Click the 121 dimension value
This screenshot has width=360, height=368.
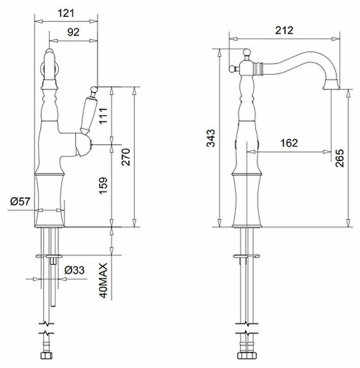coord(66,13)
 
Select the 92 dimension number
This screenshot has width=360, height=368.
coord(73,32)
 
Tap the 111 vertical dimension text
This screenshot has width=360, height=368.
coord(103,115)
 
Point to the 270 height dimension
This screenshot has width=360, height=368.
coord(126,157)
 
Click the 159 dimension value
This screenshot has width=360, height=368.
coord(103,186)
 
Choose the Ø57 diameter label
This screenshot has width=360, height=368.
coord(20,201)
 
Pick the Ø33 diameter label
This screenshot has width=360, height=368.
coord(74,270)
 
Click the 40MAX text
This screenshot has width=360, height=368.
coord(103,281)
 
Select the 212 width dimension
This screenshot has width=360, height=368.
coord(284,30)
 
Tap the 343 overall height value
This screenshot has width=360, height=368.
coord(211,138)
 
